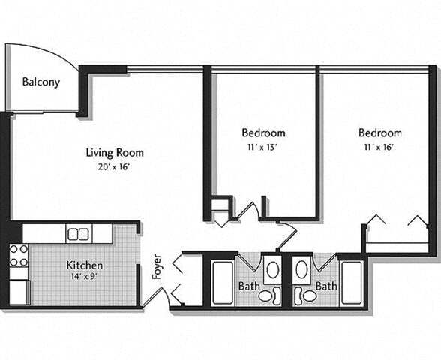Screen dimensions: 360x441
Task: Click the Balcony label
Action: [40, 82]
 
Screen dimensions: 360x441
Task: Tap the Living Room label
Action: [114, 152]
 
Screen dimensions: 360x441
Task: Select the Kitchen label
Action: [85, 265]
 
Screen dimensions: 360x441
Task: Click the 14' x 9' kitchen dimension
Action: [85, 277]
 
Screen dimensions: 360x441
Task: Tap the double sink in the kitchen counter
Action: [78, 234]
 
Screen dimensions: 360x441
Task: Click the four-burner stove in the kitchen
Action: [19, 255]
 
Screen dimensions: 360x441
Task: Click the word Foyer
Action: [157, 266]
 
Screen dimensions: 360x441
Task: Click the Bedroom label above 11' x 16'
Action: [379, 133]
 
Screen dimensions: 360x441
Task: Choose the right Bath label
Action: [326, 286]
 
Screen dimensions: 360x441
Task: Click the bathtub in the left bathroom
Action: [223, 282]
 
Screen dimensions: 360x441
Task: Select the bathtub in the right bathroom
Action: [351, 282]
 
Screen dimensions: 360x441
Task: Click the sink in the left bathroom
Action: [272, 268]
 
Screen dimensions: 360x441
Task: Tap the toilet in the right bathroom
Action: [307, 295]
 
